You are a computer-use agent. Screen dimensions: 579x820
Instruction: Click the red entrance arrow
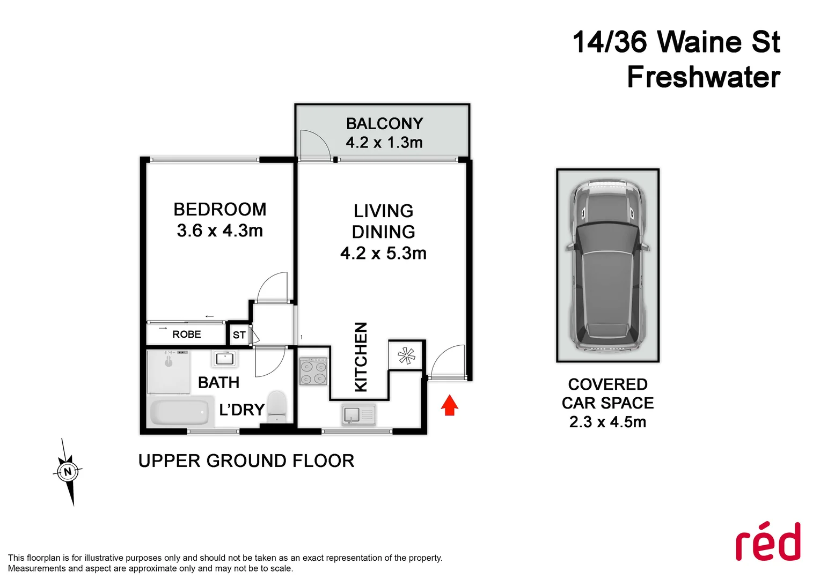click(x=449, y=405)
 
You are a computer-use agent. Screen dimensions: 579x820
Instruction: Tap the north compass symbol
click(x=68, y=472)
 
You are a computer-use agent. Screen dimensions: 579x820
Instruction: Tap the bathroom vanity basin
click(x=224, y=359)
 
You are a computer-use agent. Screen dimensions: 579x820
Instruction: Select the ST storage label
click(x=239, y=336)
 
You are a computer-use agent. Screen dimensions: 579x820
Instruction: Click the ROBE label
click(x=187, y=335)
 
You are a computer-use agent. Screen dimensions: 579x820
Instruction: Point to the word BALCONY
click(x=384, y=124)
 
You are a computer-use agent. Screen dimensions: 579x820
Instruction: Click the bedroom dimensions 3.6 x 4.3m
click(x=220, y=231)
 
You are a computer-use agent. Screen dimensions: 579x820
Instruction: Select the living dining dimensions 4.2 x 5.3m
click(x=383, y=253)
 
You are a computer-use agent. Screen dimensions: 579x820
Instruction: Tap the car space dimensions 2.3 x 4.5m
click(x=607, y=422)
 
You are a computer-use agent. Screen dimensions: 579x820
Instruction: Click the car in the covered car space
click(x=607, y=265)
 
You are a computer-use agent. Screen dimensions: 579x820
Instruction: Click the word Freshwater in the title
click(x=704, y=77)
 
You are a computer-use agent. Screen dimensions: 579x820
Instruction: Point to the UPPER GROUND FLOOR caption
click(x=246, y=461)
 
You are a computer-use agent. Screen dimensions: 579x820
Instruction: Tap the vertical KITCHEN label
click(x=361, y=357)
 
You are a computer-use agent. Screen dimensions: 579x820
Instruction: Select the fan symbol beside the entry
click(x=406, y=355)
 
